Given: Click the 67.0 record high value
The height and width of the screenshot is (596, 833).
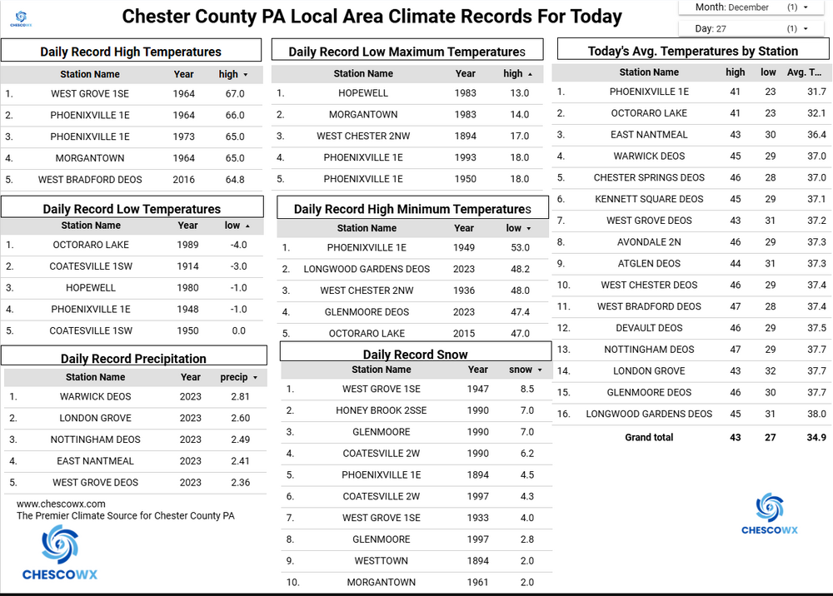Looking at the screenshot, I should [x=235, y=94].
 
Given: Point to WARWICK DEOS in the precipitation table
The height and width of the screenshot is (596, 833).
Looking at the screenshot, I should [x=95, y=397].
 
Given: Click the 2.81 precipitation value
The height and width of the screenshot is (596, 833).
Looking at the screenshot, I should [x=240, y=397].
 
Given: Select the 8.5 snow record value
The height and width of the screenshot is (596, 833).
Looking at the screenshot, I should [x=526, y=389].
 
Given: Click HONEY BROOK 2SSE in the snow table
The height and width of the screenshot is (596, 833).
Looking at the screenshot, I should [x=381, y=410].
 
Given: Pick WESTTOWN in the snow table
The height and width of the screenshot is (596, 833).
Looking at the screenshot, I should [x=381, y=561].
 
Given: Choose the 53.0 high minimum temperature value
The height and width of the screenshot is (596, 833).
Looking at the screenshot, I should [x=519, y=247].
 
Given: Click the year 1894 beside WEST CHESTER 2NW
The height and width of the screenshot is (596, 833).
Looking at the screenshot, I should [x=466, y=136].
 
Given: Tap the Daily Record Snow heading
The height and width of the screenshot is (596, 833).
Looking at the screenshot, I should [x=415, y=354].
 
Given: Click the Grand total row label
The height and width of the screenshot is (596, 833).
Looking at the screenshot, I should [x=649, y=437].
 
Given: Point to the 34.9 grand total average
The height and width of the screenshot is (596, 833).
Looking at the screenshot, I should [x=816, y=437].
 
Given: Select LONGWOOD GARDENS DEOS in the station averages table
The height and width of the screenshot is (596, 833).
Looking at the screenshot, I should [x=649, y=414].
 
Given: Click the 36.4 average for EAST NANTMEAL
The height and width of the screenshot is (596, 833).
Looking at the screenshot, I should [x=816, y=134].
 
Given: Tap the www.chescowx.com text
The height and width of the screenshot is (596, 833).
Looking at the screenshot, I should [x=61, y=504].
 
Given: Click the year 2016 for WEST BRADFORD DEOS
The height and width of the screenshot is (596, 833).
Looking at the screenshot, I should [x=183, y=179].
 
